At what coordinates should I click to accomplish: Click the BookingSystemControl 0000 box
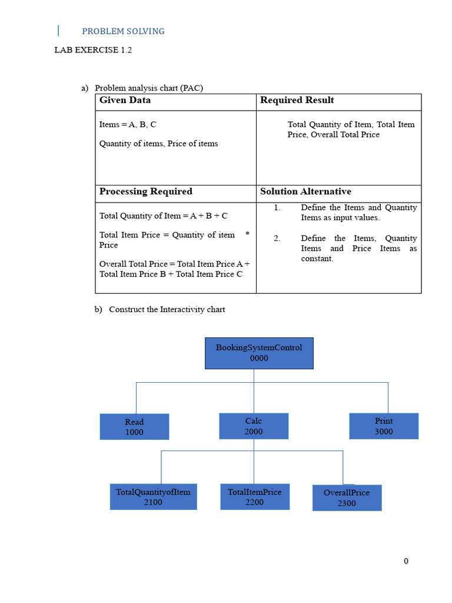click(259, 353)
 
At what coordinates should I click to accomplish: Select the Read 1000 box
click(134, 426)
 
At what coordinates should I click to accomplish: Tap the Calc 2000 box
click(254, 426)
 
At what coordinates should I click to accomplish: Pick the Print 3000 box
click(384, 426)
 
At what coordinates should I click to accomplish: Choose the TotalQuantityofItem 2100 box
click(153, 496)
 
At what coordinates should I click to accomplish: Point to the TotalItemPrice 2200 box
click(254, 496)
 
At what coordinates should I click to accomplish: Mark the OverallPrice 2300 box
click(347, 498)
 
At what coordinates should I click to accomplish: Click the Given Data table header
click(125, 100)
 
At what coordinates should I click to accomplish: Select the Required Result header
click(297, 100)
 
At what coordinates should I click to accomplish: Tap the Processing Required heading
click(145, 191)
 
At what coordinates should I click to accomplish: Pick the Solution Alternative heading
click(305, 191)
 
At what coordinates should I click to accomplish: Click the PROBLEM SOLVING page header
click(123, 31)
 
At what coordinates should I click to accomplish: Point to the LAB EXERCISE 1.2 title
click(93, 50)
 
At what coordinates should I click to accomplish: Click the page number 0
click(406, 561)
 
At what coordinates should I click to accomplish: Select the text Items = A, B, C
click(128, 125)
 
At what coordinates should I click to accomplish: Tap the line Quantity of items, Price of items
click(158, 143)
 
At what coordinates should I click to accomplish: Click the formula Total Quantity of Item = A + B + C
click(163, 216)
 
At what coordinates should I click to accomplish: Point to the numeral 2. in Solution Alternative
click(277, 238)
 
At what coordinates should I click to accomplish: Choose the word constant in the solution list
click(317, 259)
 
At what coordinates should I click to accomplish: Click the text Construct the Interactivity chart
click(167, 309)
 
